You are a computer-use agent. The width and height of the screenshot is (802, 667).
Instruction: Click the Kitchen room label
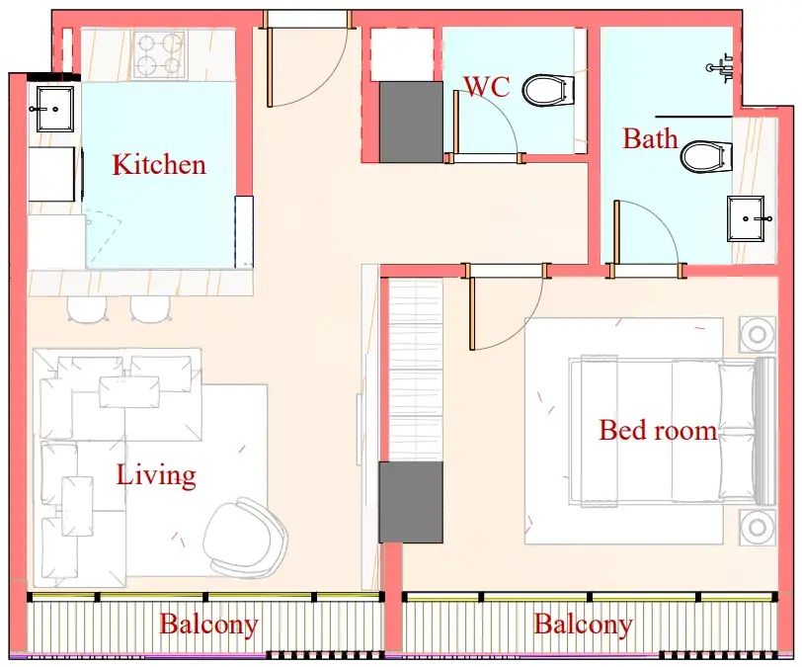click(159, 164)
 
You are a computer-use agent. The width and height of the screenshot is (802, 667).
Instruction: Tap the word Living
click(156, 475)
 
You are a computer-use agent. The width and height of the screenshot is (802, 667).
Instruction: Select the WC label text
click(486, 87)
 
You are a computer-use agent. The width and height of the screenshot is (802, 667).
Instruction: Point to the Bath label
click(650, 138)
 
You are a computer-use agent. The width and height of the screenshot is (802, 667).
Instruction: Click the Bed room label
click(658, 430)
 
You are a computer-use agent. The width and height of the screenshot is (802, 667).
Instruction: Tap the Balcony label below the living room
click(208, 625)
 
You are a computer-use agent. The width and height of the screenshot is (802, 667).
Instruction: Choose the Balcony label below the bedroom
click(583, 625)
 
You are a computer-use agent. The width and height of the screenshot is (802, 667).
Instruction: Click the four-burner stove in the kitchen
click(160, 53)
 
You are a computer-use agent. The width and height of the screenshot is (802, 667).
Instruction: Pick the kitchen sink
click(54, 109)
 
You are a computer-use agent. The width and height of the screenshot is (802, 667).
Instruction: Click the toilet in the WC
click(548, 91)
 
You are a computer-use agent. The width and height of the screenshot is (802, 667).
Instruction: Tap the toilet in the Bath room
click(706, 157)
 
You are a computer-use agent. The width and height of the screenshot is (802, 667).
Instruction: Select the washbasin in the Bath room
click(747, 218)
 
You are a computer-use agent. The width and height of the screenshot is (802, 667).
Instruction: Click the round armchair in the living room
click(245, 537)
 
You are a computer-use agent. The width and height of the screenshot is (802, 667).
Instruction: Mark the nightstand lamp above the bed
click(758, 334)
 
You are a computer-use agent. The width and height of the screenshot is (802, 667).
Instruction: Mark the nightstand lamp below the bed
click(758, 527)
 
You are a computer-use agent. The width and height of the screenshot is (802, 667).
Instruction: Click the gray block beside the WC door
click(411, 122)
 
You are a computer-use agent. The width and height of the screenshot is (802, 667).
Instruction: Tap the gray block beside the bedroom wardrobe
click(411, 502)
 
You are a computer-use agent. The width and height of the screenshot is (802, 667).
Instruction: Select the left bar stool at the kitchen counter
click(87, 308)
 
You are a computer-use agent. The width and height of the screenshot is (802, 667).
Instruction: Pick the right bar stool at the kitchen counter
click(150, 308)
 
